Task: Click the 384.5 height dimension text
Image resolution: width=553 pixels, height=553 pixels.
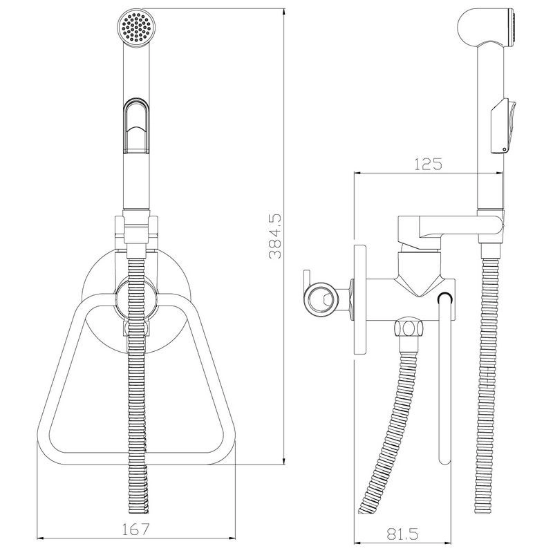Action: [x=275, y=236]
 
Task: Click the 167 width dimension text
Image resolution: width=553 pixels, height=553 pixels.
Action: [x=135, y=529]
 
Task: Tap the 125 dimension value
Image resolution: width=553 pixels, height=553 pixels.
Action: [x=427, y=164]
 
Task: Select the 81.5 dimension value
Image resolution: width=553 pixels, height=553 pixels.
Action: [x=402, y=534]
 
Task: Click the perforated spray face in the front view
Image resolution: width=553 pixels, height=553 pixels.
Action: [x=136, y=27]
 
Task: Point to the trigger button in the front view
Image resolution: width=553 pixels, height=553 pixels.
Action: [x=136, y=126]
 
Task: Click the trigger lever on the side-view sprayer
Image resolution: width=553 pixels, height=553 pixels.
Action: [x=503, y=126]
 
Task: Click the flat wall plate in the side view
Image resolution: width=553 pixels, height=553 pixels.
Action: [x=359, y=299]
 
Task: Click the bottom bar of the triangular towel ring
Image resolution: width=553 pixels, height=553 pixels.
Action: [x=136, y=458]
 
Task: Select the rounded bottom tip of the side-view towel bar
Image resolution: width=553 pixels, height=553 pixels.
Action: [x=444, y=461]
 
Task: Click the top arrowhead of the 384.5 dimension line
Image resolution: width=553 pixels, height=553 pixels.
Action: [x=284, y=10]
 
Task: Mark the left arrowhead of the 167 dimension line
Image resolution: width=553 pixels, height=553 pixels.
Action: [x=39, y=538]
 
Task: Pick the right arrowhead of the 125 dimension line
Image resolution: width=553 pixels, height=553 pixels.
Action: [x=500, y=173]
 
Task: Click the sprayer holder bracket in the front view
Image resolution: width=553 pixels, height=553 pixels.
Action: [x=136, y=233]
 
